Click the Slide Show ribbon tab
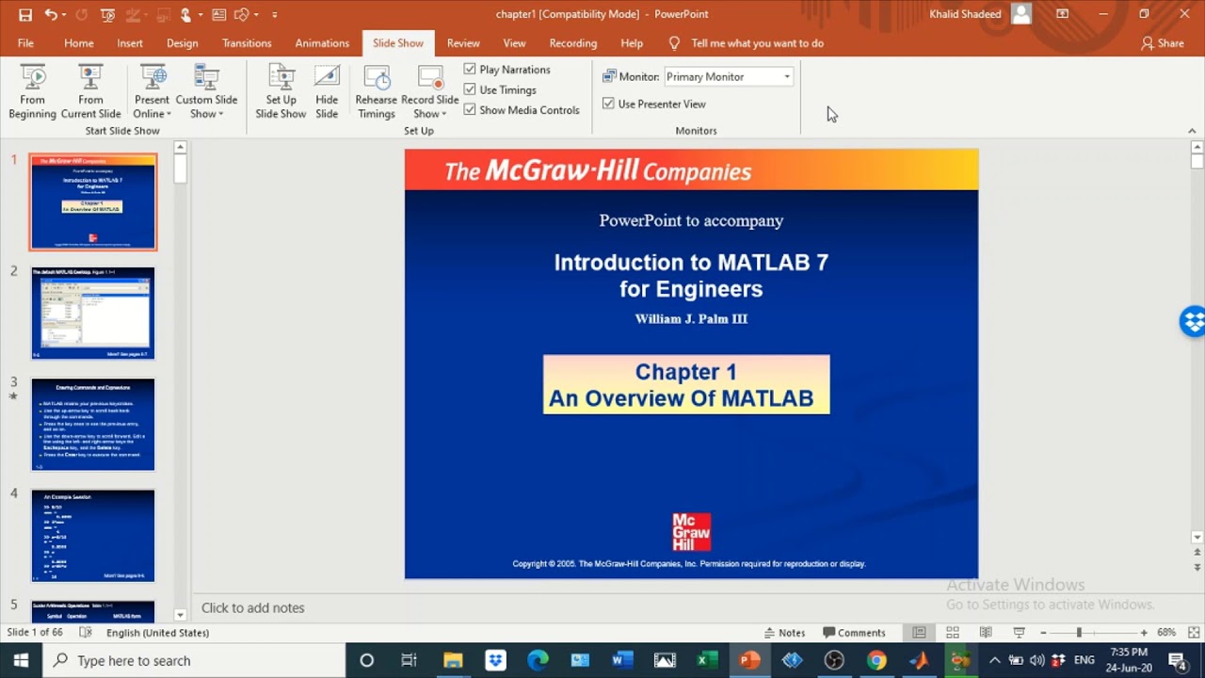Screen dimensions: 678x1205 pyautogui.click(x=397, y=43)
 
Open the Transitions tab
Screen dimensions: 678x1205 pyautogui.click(x=247, y=43)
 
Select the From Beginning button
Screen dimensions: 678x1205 pyautogui.click(x=32, y=92)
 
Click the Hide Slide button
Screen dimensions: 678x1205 pyautogui.click(x=327, y=92)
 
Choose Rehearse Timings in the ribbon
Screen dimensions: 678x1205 pyautogui.click(x=377, y=92)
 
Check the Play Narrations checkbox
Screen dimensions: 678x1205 pyautogui.click(x=470, y=70)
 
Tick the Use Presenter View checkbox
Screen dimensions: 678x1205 pyautogui.click(x=608, y=104)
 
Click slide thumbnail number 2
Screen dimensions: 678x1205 pyautogui.click(x=93, y=313)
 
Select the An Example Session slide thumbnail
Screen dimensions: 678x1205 pyautogui.click(x=93, y=535)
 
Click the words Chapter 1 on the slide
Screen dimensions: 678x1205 pyautogui.click(x=685, y=372)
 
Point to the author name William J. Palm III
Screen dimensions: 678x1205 pyautogui.click(x=691, y=319)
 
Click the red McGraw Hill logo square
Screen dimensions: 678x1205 pyautogui.click(x=691, y=532)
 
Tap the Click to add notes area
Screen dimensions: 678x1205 pyautogui.click(x=253, y=608)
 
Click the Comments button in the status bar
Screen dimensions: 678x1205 pyautogui.click(x=854, y=633)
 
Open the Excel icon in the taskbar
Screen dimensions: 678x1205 pyautogui.click(x=707, y=660)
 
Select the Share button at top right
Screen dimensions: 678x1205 pyautogui.click(x=1163, y=43)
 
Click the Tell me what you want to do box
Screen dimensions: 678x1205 pyautogui.click(x=757, y=43)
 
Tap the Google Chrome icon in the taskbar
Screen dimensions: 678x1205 pyautogui.click(x=876, y=660)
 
